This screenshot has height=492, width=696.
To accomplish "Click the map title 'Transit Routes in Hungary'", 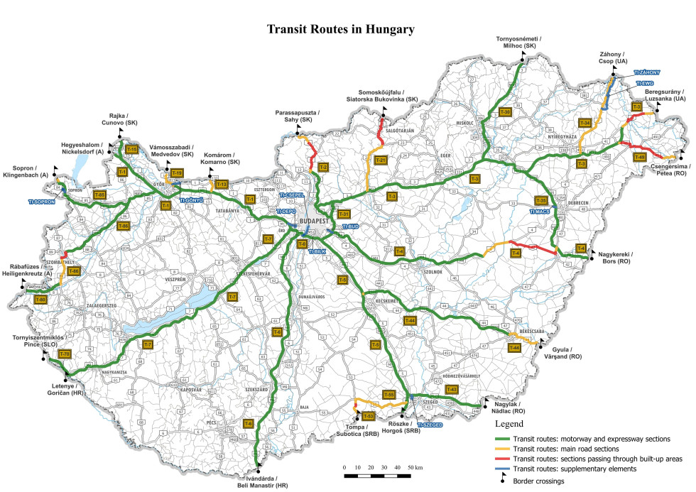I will click(340, 30).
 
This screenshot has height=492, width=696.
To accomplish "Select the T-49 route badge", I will click(639, 157).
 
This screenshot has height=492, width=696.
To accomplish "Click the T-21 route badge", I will click(380, 160).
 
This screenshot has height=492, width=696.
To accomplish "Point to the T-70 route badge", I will click(64, 354).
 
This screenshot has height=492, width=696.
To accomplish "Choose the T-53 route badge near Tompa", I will click(367, 415).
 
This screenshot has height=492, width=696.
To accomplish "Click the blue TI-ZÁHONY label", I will click(647, 72).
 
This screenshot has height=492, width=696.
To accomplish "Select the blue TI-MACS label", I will click(539, 211).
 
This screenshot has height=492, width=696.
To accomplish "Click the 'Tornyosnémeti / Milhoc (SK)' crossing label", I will click(521, 42).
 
